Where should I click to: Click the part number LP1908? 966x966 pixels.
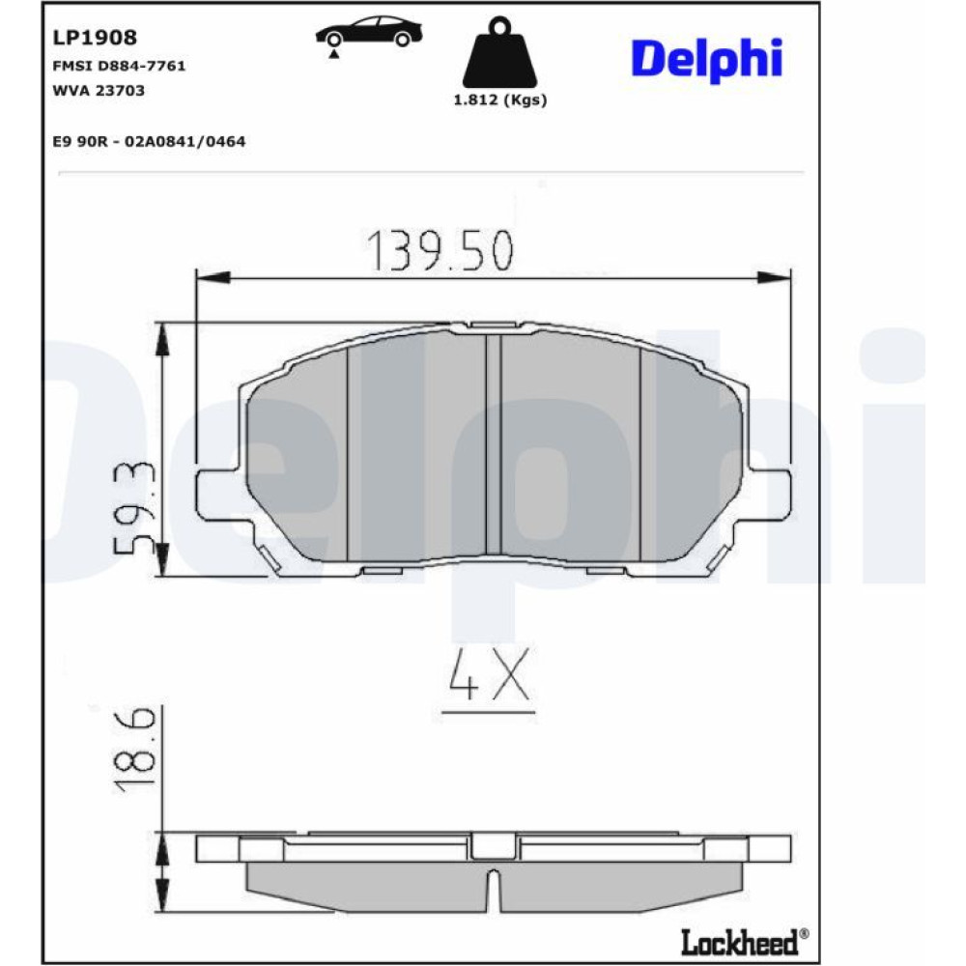(95, 38)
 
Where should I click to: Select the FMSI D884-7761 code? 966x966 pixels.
(119, 66)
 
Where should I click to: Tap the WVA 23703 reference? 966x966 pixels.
(99, 91)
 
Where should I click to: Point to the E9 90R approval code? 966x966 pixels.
(149, 142)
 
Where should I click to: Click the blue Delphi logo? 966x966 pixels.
(707, 60)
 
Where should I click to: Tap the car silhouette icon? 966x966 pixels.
(369, 34)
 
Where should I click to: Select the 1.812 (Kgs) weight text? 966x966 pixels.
(500, 99)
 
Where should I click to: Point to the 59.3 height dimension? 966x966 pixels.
(132, 507)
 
